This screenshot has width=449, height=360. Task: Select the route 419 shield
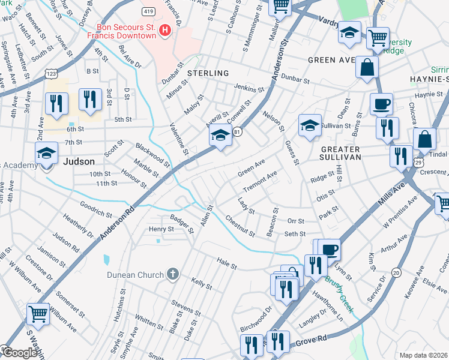tap(148, 12)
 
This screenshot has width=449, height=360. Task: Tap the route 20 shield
tap(396, 273)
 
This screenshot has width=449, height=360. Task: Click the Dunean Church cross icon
tap(173, 275)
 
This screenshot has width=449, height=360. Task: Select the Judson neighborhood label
tap(78, 161)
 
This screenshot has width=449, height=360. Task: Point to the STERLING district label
tap(208, 73)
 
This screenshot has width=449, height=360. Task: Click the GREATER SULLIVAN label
tap(331, 153)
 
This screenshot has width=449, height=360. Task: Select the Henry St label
tap(161, 229)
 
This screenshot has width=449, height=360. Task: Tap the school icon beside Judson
tap(46, 154)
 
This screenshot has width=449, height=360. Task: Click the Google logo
tap(19, 353)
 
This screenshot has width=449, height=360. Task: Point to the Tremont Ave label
tap(260, 180)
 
